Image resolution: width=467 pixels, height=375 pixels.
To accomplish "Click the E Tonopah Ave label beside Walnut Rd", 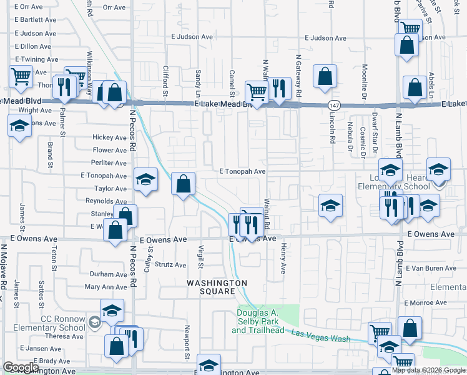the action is (243, 171).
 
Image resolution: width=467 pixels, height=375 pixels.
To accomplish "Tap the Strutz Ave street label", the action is (170, 265).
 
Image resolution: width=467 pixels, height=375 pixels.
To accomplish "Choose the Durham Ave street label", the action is (108, 274).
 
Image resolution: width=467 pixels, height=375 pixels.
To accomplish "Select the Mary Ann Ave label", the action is (106, 287).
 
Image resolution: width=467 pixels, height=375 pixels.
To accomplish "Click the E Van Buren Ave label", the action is (431, 268).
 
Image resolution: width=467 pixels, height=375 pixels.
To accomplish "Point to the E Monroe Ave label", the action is (426, 302).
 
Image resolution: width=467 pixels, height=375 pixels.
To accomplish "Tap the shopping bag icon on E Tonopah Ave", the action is (182, 184).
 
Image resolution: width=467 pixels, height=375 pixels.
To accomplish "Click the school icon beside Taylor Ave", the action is (145, 181).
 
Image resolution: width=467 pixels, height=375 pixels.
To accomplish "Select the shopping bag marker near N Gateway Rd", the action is (325, 76).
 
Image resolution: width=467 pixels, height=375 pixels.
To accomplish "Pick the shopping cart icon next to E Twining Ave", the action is (21, 76).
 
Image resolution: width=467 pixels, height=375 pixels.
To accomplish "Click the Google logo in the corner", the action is (21, 367).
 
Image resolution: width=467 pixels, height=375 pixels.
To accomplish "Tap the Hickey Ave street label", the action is (109, 137).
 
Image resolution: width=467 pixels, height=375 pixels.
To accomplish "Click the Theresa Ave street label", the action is (60, 336).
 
